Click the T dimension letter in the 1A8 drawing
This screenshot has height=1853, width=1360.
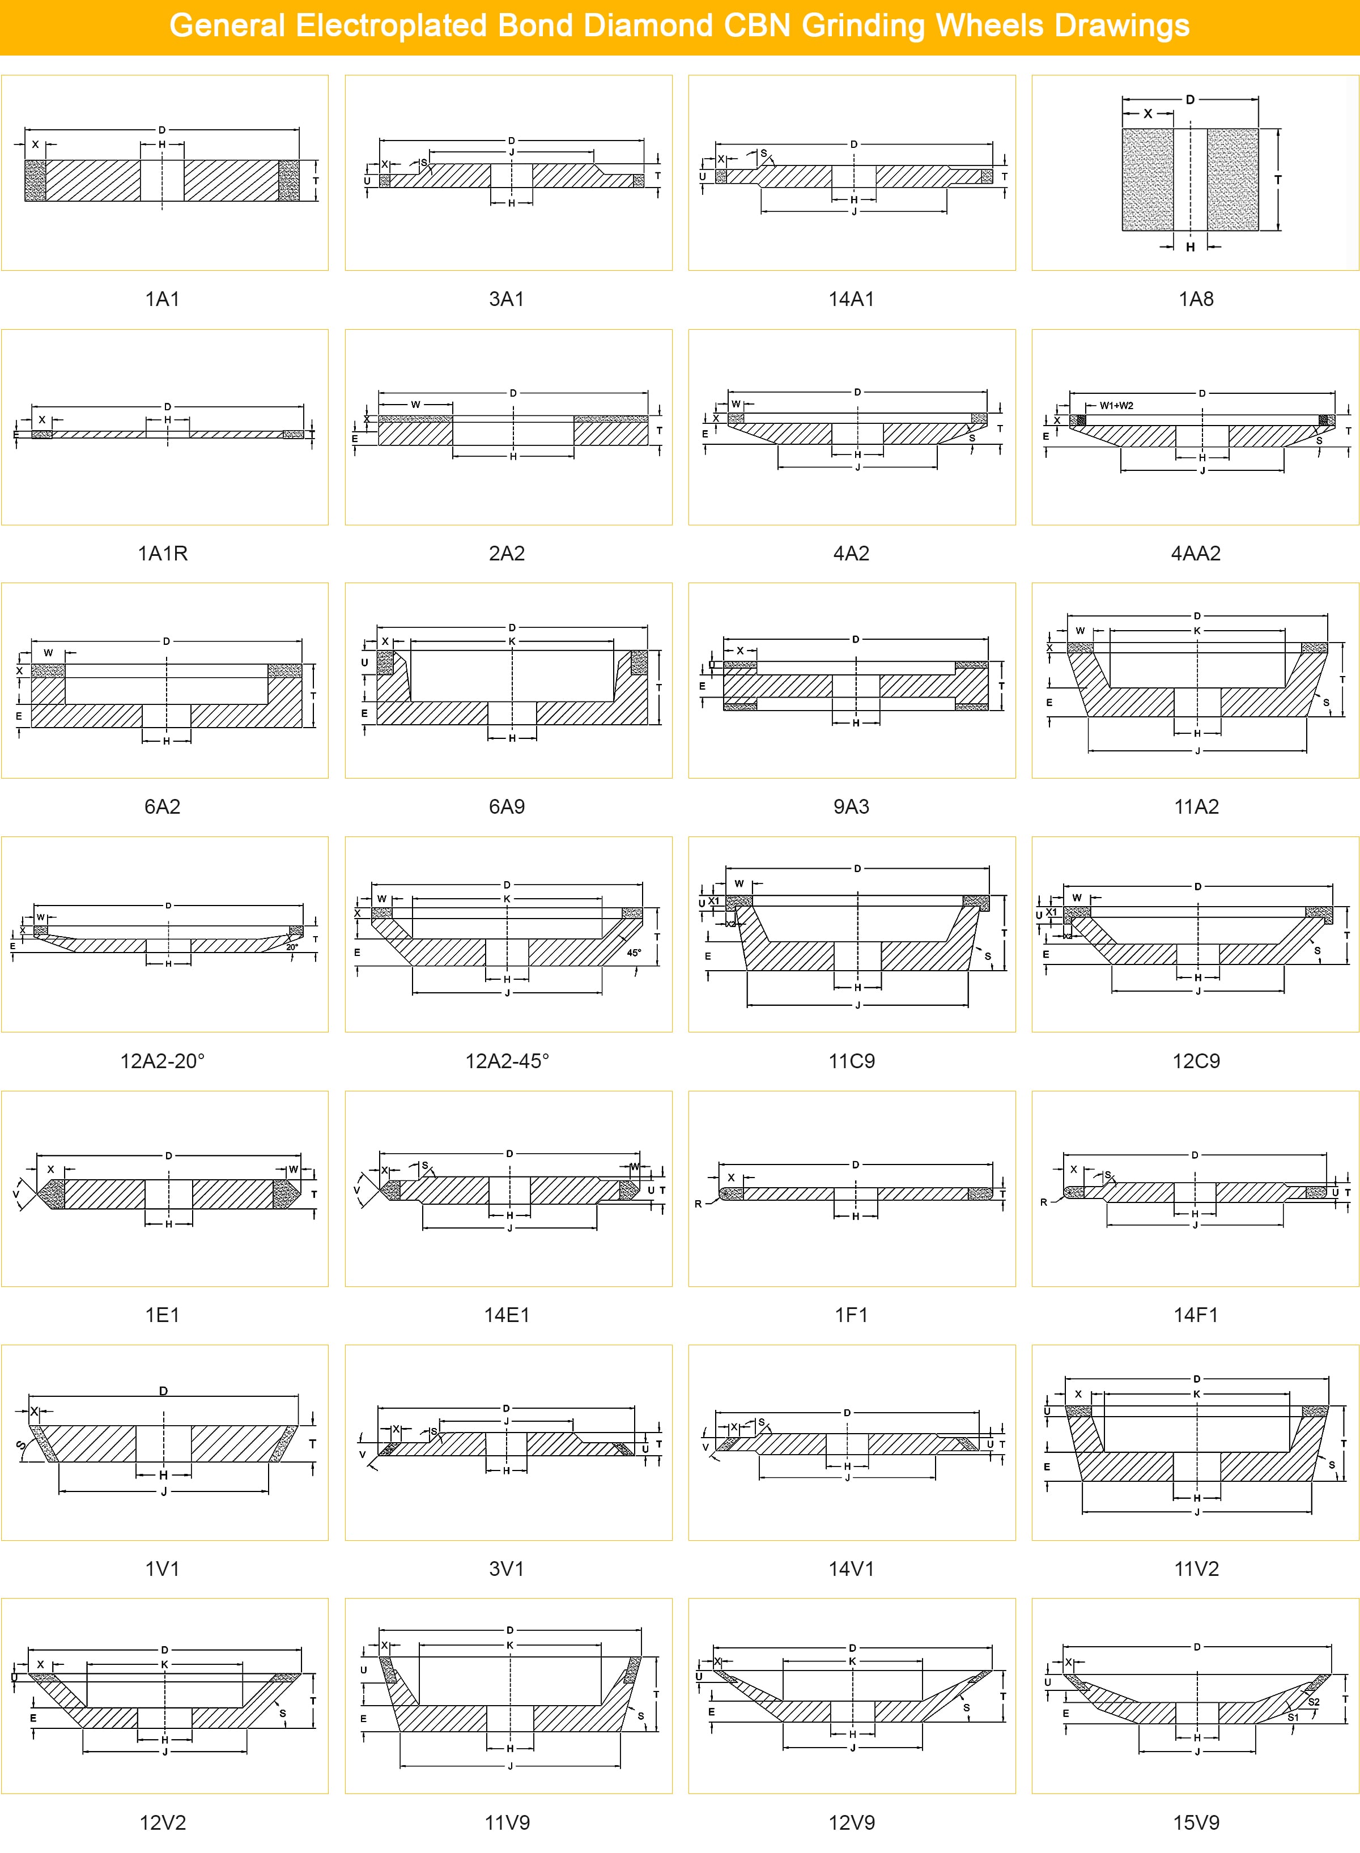click(1278, 180)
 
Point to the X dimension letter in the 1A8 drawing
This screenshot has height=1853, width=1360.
click(1147, 113)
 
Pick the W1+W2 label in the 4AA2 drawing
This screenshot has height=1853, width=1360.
click(1116, 405)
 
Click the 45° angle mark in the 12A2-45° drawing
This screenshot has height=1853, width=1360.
click(634, 953)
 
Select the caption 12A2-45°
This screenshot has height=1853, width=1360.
click(507, 1061)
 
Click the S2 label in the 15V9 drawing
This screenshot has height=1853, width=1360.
click(1314, 1702)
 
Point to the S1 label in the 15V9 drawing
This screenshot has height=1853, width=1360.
click(1293, 1717)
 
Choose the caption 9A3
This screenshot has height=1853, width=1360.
click(851, 807)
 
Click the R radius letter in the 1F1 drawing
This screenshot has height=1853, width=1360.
click(698, 1204)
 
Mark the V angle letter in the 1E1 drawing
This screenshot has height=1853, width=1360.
click(16, 1193)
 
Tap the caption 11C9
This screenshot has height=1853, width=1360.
click(851, 1061)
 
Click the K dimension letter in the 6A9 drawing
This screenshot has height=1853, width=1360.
click(512, 641)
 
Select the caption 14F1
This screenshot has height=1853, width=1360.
click(1195, 1315)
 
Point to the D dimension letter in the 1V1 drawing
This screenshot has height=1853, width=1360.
click(163, 1391)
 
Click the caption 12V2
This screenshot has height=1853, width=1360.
click(162, 1822)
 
